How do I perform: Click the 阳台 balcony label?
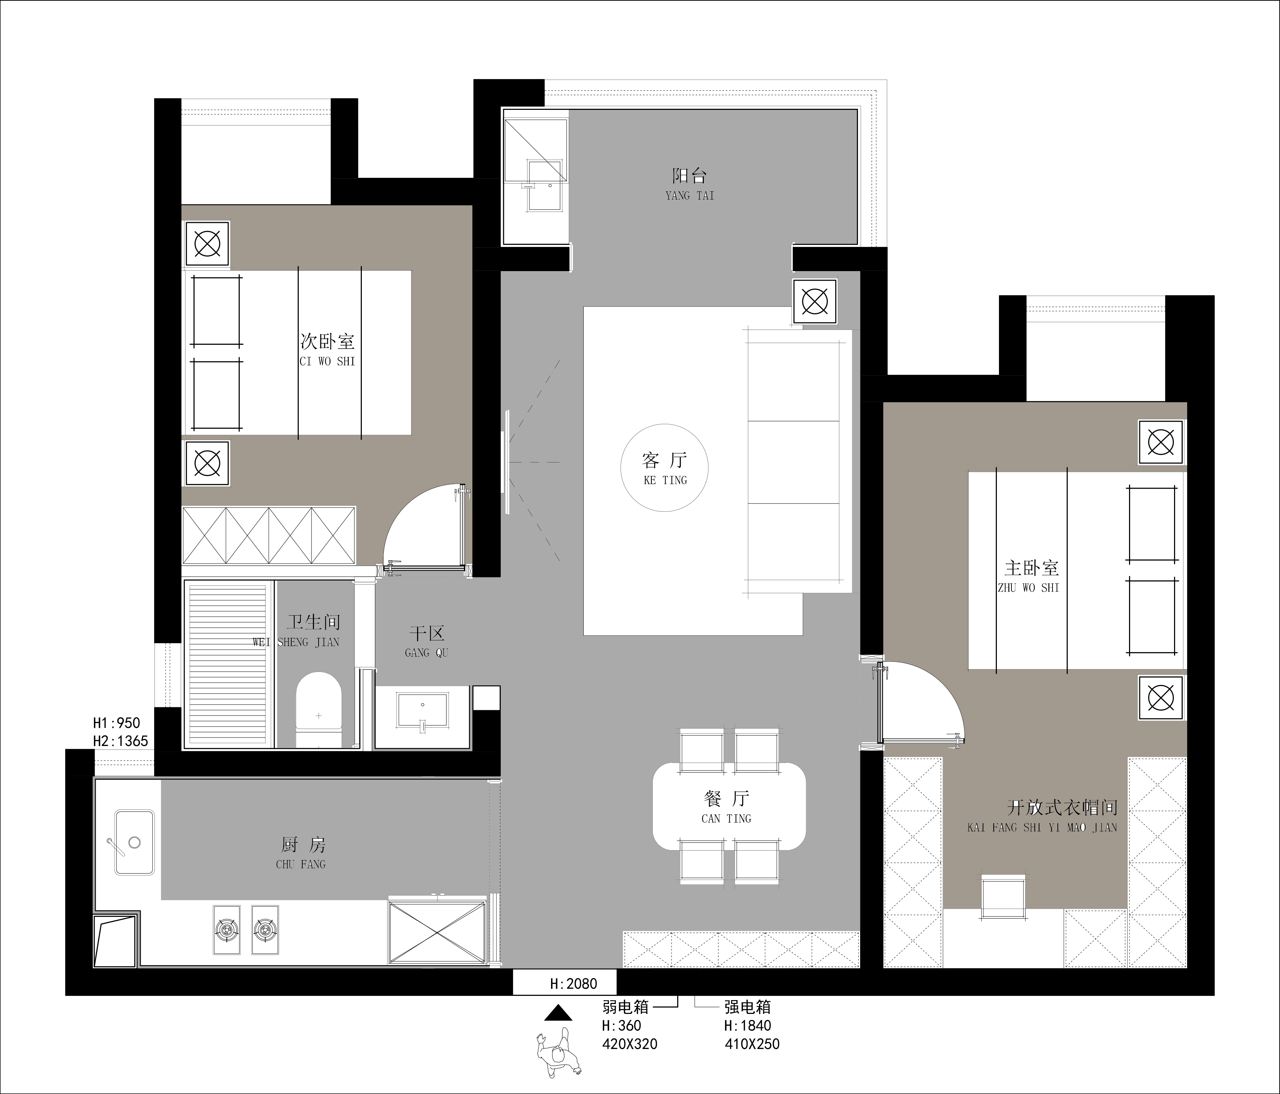click(x=689, y=176)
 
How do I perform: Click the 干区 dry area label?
click(x=427, y=633)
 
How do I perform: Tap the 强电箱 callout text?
click(x=747, y=1007)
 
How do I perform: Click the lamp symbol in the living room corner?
click(x=815, y=302)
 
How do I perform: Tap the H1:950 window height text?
click(x=117, y=723)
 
